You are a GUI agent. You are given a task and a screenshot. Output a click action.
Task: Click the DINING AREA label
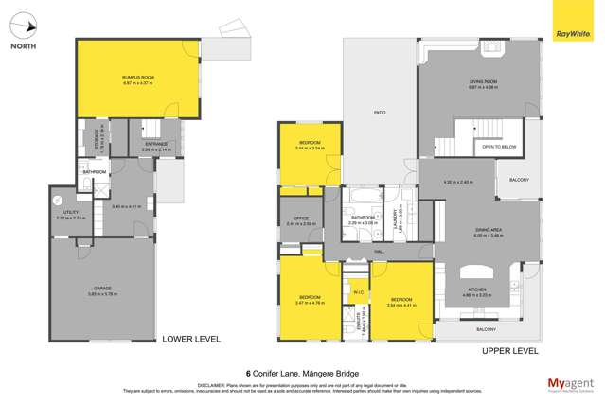pyautogui.click(x=488, y=231)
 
